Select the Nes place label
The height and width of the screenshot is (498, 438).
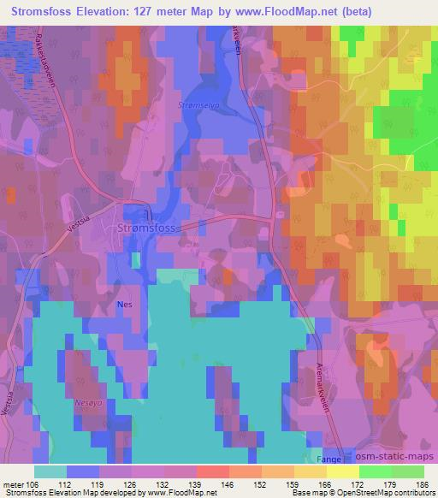pyautogui.click(x=125, y=304)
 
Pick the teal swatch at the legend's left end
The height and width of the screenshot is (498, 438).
pyautogui.click(x=50, y=471)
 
